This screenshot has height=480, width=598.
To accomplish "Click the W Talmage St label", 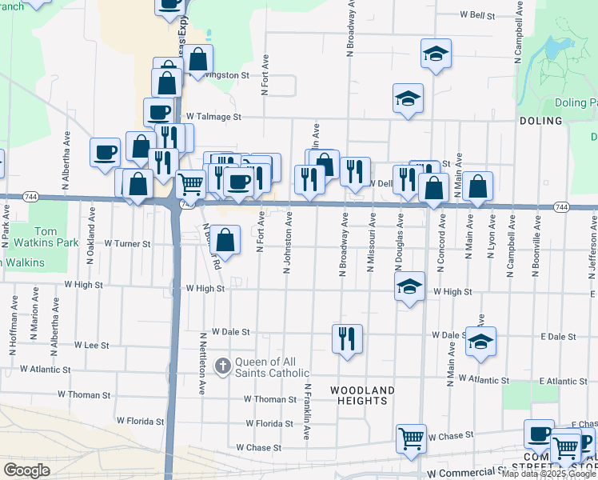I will point(213,116).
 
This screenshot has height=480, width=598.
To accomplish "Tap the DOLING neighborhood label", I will point(541,121).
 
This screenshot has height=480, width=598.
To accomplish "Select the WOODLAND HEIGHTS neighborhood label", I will point(362,396).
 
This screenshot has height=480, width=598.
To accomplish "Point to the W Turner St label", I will point(128,243).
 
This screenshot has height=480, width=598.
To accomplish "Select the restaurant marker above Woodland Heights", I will point(347,338).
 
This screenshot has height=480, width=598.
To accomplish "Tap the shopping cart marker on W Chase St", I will point(411,438).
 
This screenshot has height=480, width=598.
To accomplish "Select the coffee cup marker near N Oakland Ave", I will point(106,151).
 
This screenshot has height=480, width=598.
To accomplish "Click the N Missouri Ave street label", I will point(371,242).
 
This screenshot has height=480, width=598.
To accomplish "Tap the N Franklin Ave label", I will point(306,411).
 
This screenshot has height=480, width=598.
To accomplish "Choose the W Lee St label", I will point(91,345).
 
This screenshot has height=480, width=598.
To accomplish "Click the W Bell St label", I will point(478,14).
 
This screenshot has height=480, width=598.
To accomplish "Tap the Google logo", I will point(26,470).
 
